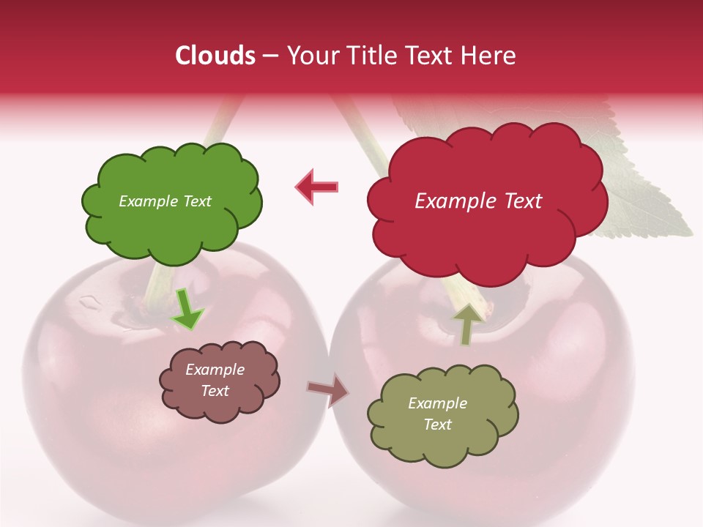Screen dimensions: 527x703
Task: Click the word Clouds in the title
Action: click(215, 56)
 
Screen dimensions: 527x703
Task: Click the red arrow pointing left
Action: click(317, 187)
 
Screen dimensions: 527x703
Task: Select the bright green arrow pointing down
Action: click(187, 310)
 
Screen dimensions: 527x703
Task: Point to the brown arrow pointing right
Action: click(327, 389)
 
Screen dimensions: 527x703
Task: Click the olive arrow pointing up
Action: click(466, 324)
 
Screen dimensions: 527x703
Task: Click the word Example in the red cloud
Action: click(449, 201)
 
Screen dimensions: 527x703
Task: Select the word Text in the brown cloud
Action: click(215, 391)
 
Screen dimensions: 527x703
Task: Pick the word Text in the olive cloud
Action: click(438, 425)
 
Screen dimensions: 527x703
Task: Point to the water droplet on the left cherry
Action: click(90, 300)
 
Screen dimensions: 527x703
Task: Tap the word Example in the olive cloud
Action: click(438, 403)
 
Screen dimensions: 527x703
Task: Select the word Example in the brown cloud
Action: click(215, 370)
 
